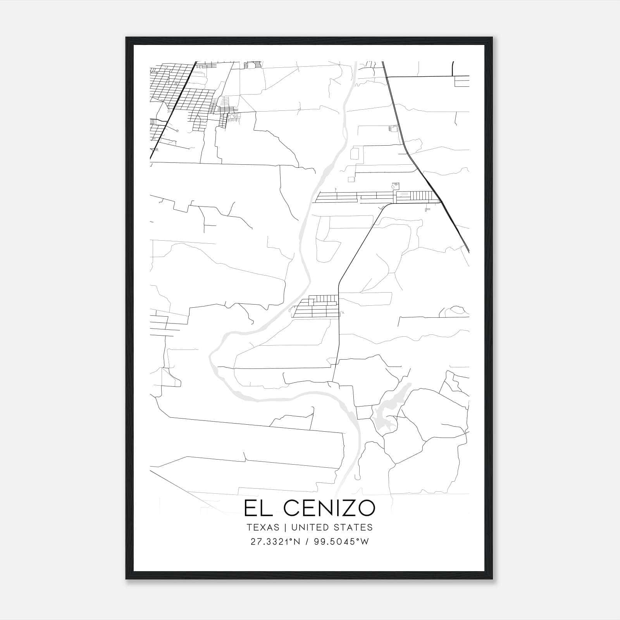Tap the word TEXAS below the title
pos(263,527)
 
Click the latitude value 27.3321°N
pos(276,542)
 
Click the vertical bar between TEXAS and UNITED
pos(285,527)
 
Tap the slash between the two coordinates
pos(307,542)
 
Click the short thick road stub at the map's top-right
pos(453,69)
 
